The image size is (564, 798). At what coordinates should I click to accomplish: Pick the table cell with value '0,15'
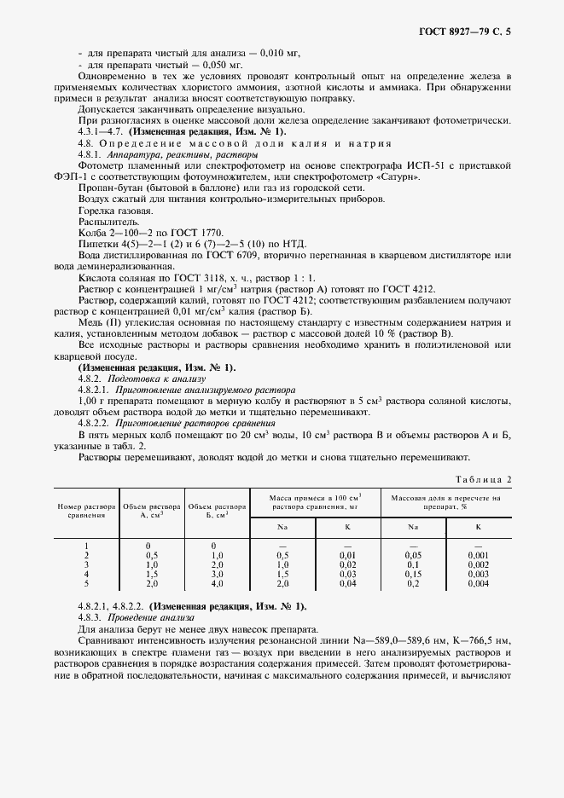[413, 575]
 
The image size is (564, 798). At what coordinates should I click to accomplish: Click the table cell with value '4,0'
[217, 584]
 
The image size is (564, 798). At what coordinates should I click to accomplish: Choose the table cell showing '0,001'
[479, 554]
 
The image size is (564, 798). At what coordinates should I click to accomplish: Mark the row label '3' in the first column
[88, 564]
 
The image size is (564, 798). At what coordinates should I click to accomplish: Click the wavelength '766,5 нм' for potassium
[488, 639]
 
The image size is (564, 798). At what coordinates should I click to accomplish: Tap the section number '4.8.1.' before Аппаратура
[91, 154]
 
